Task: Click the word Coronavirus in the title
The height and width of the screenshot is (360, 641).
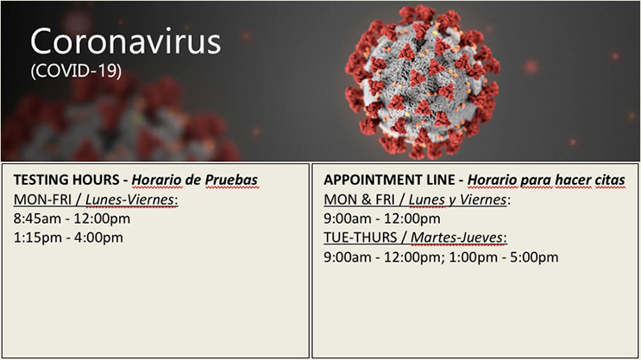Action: click(x=125, y=41)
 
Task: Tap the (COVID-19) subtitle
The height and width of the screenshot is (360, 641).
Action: click(x=76, y=71)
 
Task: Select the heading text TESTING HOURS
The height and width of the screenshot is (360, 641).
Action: click(x=66, y=180)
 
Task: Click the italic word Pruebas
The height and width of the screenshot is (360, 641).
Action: click(x=231, y=180)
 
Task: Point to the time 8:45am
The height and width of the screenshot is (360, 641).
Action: click(x=37, y=218)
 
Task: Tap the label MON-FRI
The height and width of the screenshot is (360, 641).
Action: click(x=42, y=199)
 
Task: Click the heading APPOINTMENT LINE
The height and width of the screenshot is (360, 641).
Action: click(x=389, y=180)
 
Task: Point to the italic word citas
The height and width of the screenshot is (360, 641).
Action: click(x=610, y=180)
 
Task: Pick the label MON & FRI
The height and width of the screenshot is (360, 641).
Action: click(x=360, y=199)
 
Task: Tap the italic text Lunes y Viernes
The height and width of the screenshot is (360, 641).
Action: click(x=458, y=199)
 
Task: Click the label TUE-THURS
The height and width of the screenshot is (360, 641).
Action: click(x=361, y=237)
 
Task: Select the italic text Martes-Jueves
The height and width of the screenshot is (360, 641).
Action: click(x=457, y=237)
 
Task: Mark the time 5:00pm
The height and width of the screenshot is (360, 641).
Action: click(x=534, y=257)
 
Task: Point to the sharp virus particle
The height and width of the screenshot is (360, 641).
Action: click(x=422, y=81)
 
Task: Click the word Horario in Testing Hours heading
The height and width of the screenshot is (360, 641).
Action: click(x=156, y=180)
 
